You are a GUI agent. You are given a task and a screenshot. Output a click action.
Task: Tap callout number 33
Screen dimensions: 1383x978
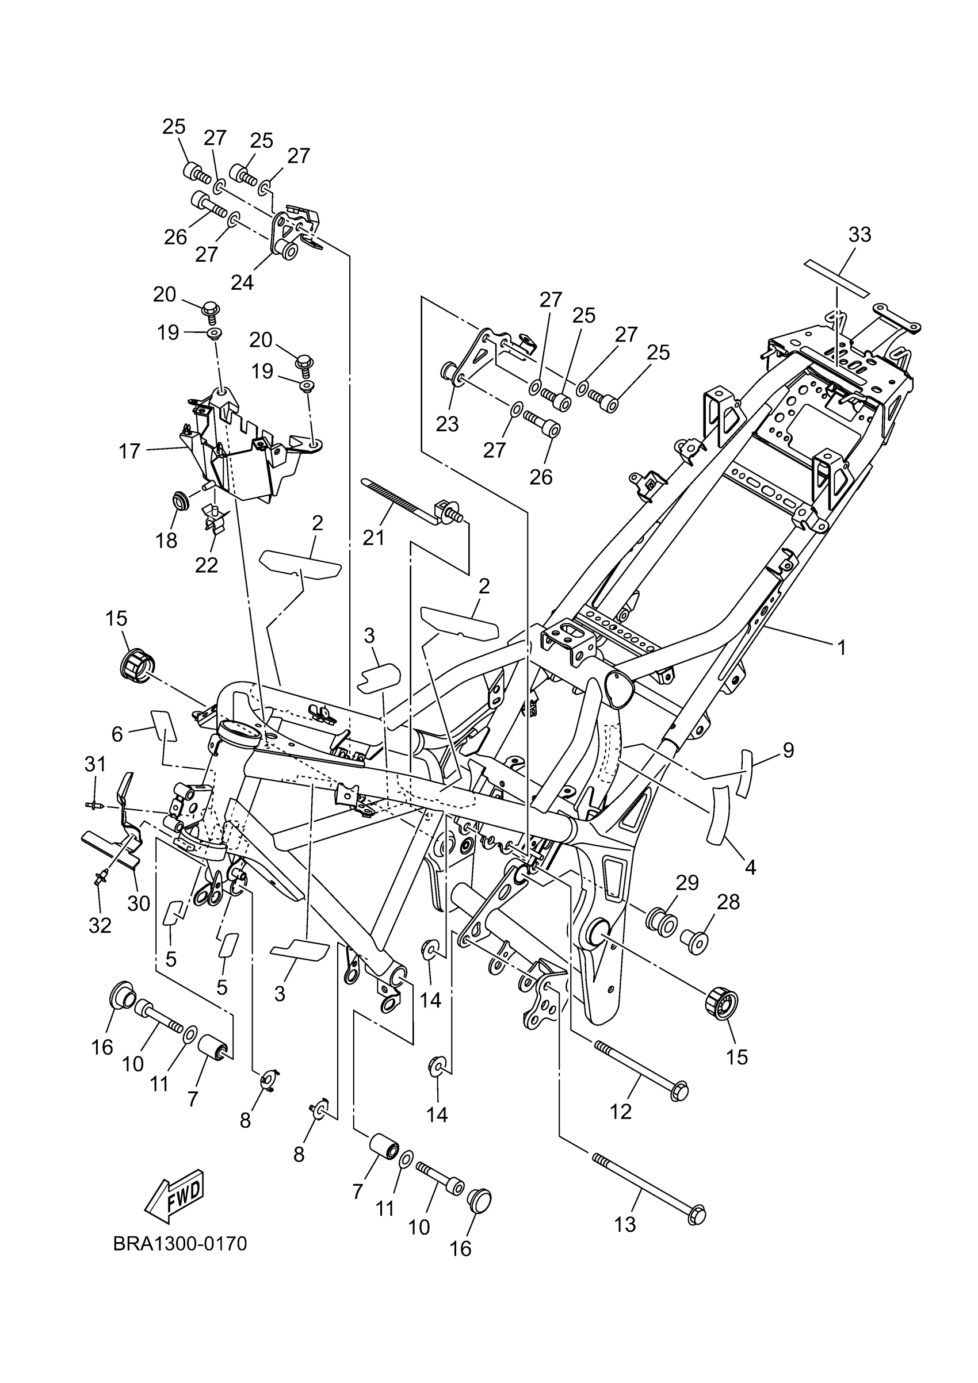pyautogui.click(x=859, y=234)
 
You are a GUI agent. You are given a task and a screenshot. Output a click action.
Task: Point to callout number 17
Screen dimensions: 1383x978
pyautogui.click(x=129, y=451)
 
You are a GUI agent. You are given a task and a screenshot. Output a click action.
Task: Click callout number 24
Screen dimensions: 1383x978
pyautogui.click(x=242, y=281)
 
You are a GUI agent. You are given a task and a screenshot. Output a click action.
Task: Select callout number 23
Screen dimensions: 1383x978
pyautogui.click(x=447, y=424)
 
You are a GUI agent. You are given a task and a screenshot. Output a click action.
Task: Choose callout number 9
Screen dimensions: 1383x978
pyautogui.click(x=788, y=750)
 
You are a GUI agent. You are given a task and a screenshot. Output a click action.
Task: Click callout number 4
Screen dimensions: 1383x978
pyautogui.click(x=750, y=867)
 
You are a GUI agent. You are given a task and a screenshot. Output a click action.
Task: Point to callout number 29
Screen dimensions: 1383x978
pyautogui.click(x=686, y=883)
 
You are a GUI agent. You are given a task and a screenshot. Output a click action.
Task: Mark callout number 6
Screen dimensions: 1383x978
pyautogui.click(x=117, y=734)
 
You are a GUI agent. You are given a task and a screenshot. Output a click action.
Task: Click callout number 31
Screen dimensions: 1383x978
pyautogui.click(x=95, y=764)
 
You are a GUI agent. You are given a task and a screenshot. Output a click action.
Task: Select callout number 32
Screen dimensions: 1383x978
pyautogui.click(x=100, y=925)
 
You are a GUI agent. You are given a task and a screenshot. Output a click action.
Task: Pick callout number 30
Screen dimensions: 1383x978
pyautogui.click(x=139, y=903)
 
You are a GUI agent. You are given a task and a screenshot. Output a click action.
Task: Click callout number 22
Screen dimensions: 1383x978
pyautogui.click(x=206, y=565)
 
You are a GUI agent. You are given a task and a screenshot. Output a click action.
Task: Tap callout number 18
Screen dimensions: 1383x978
pyautogui.click(x=167, y=541)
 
